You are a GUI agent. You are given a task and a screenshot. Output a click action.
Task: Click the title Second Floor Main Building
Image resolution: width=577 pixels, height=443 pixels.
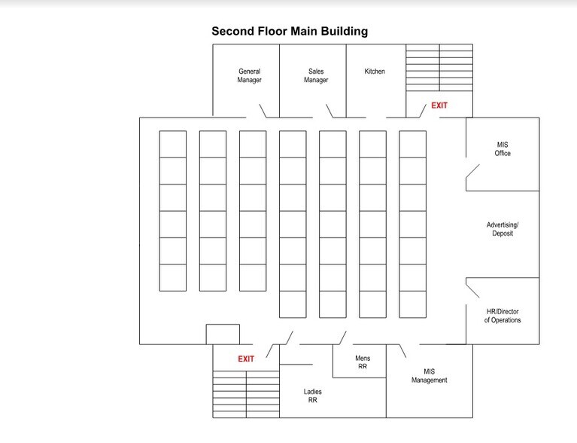pos(290,32)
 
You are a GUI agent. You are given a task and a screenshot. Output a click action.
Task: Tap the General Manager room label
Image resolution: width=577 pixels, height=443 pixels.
pos(249,76)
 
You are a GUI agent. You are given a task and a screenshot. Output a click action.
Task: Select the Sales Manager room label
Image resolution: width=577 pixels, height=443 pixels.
pos(316,76)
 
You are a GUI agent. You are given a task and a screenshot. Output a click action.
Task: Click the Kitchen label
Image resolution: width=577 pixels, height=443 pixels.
pos(375,72)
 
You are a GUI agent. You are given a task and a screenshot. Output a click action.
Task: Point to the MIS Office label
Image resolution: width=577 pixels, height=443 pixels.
pos(503,148)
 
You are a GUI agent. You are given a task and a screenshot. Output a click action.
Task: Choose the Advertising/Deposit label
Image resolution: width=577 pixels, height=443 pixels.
pos(503,230)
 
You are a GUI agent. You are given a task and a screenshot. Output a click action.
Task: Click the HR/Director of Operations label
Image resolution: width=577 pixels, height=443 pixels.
pos(503,316)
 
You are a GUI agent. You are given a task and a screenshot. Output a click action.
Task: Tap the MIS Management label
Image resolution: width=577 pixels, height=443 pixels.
pos(429,376)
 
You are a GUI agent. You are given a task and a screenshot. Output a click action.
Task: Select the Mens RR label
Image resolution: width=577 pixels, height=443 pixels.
pos(363,362)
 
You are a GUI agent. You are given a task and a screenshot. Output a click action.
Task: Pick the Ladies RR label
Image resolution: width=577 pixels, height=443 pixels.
pos(313,396)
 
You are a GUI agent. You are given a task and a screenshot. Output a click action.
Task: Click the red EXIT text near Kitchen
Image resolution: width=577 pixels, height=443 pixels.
pos(439,105)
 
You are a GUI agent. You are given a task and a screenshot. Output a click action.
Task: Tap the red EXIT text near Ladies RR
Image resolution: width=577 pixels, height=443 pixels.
pos(246,359)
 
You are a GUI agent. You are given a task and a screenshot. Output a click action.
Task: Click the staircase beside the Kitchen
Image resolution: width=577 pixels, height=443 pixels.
pos(439,68)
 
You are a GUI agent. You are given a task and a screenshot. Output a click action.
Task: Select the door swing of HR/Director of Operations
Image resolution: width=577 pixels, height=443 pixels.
pos(472,287)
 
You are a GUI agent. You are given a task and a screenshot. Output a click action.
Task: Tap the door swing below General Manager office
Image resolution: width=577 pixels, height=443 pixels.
pos(264,112)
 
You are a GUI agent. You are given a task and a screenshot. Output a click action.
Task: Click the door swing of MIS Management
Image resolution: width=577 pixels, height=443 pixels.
pos(402,351)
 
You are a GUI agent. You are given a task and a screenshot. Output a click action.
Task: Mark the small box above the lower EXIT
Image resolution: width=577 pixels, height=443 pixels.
pos(223,335)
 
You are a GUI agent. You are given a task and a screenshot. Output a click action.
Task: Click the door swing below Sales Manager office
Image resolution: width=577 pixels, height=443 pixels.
pos(329,112)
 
